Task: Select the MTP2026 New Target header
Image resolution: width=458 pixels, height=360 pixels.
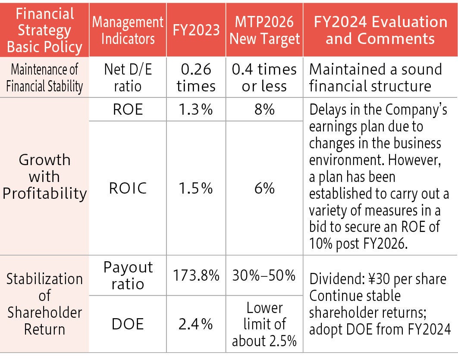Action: click(264, 30)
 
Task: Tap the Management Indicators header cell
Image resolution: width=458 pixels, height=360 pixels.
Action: click(128, 30)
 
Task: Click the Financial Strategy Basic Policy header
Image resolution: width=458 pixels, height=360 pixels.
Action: click(44, 30)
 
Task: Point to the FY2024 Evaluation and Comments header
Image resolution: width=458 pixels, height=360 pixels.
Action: click(380, 30)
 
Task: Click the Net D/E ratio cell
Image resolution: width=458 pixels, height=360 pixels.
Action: click(128, 78)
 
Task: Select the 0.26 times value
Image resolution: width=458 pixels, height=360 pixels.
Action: click(196, 78)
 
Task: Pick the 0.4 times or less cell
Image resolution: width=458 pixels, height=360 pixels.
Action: click(264, 78)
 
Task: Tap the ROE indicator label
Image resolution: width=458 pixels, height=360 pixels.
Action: click(128, 110)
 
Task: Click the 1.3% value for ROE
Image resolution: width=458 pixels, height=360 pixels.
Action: click(196, 110)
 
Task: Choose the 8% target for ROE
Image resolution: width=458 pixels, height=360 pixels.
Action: click(264, 110)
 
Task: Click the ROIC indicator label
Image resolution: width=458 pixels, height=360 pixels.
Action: click(128, 188)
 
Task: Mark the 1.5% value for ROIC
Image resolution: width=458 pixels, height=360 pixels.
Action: click(196, 188)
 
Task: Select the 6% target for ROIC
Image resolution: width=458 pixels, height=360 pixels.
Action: click(264, 188)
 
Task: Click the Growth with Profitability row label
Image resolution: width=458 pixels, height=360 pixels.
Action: click(44, 177)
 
